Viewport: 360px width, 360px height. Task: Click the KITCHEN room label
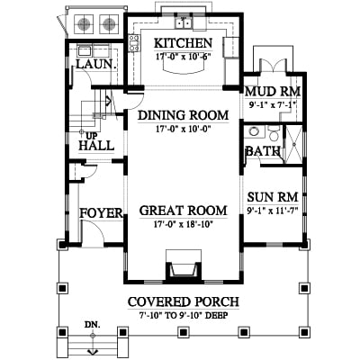(x=183, y=43)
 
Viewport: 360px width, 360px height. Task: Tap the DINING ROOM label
(x=183, y=115)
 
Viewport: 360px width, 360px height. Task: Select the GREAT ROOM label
(x=183, y=211)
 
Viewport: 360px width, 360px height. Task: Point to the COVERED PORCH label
(x=184, y=301)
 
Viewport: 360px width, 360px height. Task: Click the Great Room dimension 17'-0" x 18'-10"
(x=183, y=224)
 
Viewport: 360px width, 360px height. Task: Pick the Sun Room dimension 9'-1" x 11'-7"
(x=273, y=211)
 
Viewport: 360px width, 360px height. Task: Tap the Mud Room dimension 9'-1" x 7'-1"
(x=273, y=105)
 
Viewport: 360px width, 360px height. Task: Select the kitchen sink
(x=184, y=23)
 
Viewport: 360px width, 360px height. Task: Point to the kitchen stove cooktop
(x=134, y=43)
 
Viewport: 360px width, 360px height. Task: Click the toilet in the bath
(x=274, y=133)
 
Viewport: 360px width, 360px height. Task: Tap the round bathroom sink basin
(x=254, y=131)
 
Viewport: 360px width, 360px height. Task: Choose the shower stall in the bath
(x=293, y=145)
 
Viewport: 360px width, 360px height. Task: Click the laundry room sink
(x=85, y=51)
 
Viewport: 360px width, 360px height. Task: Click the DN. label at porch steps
(x=93, y=325)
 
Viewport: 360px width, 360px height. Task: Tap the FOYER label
(x=101, y=213)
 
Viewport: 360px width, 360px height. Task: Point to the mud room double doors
(x=273, y=66)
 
